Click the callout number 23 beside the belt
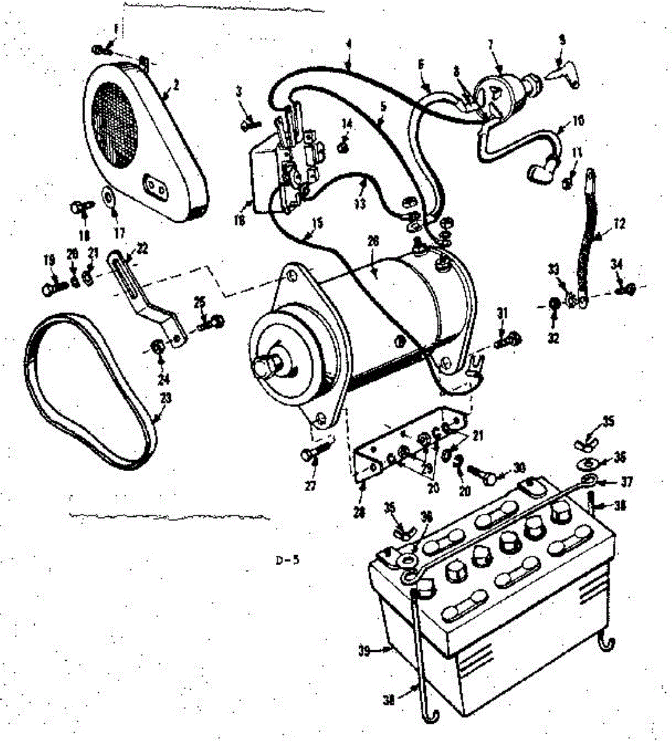pyautogui.click(x=165, y=399)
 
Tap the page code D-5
pyautogui.click(x=288, y=561)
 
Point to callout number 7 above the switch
pyautogui.click(x=491, y=44)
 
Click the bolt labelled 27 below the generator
pyautogui.click(x=309, y=455)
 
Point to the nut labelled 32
pyautogui.click(x=554, y=304)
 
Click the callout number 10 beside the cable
pyautogui.click(x=578, y=120)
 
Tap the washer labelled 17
pyautogui.click(x=110, y=199)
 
